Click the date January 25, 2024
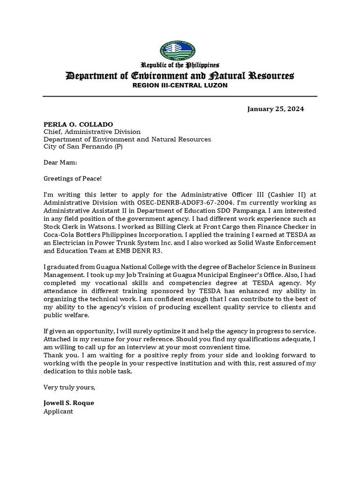276,109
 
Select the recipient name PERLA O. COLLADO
78,124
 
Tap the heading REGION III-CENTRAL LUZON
180,86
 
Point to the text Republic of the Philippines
180,65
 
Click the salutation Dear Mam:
60,162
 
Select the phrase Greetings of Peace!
73,178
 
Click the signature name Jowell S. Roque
68,403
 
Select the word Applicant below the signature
59,411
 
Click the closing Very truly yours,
69,387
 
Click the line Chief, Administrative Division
92,132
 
